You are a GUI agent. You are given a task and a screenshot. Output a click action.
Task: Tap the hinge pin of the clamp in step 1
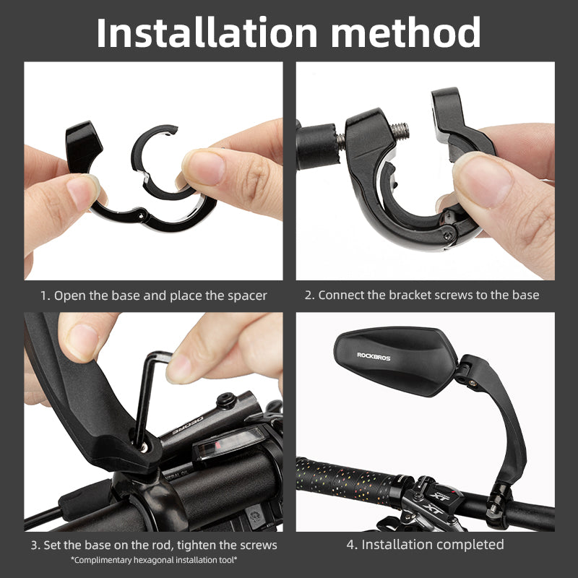coord(138,214)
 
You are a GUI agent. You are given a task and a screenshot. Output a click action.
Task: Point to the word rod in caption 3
coord(143,545)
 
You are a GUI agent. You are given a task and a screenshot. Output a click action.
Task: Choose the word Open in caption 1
coord(69,295)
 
